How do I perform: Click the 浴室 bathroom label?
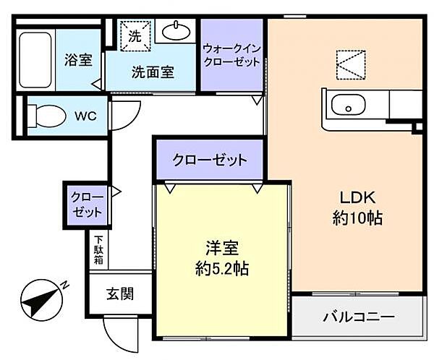(78, 60)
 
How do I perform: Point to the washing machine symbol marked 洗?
(135, 34)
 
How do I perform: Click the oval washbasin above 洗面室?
(176, 31)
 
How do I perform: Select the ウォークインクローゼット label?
(231, 55)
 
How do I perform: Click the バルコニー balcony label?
(359, 317)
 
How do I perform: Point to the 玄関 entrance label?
(121, 293)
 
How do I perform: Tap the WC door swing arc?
(124, 114)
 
